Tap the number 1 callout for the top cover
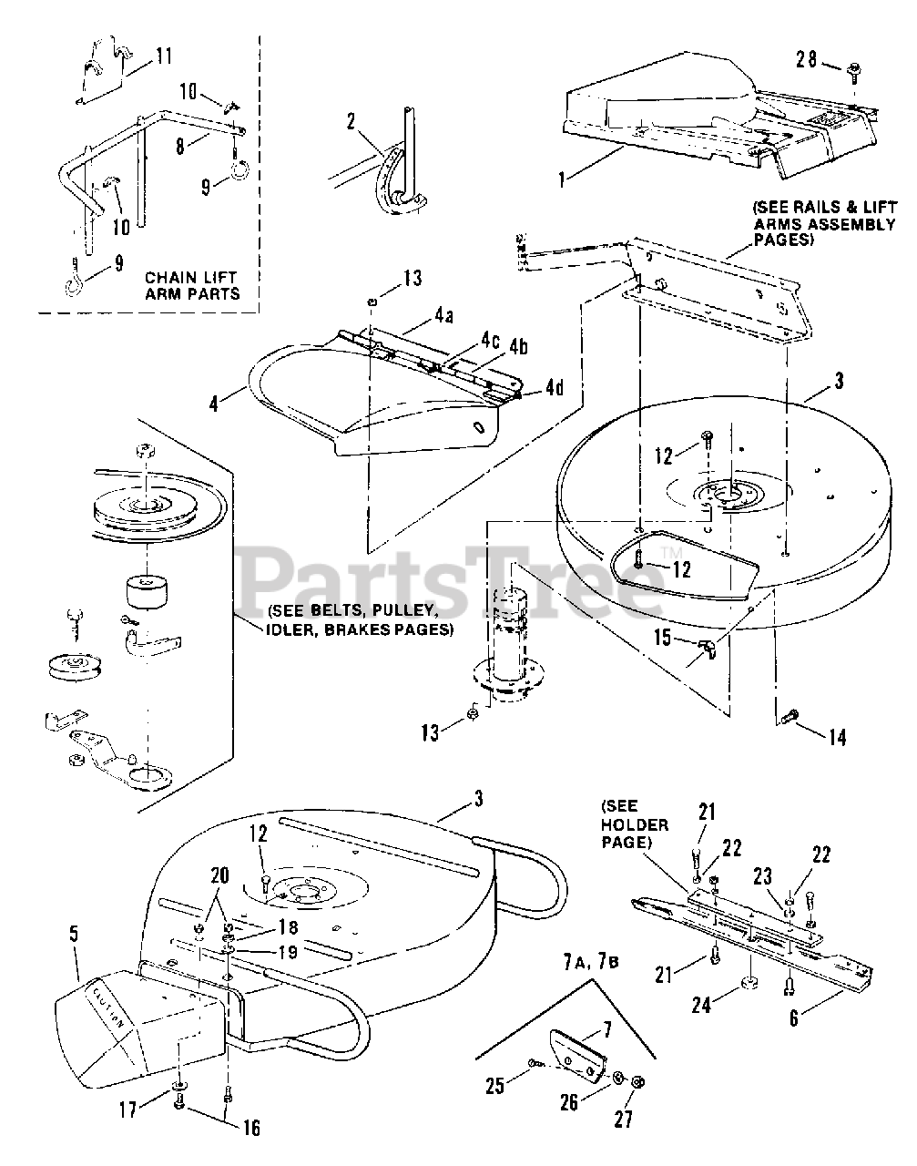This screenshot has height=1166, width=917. (x=562, y=179)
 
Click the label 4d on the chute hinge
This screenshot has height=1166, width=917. (x=554, y=387)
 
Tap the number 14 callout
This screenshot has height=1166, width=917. (x=836, y=736)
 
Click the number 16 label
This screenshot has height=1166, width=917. (x=250, y=1128)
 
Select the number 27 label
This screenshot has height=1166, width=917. (x=623, y=1119)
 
